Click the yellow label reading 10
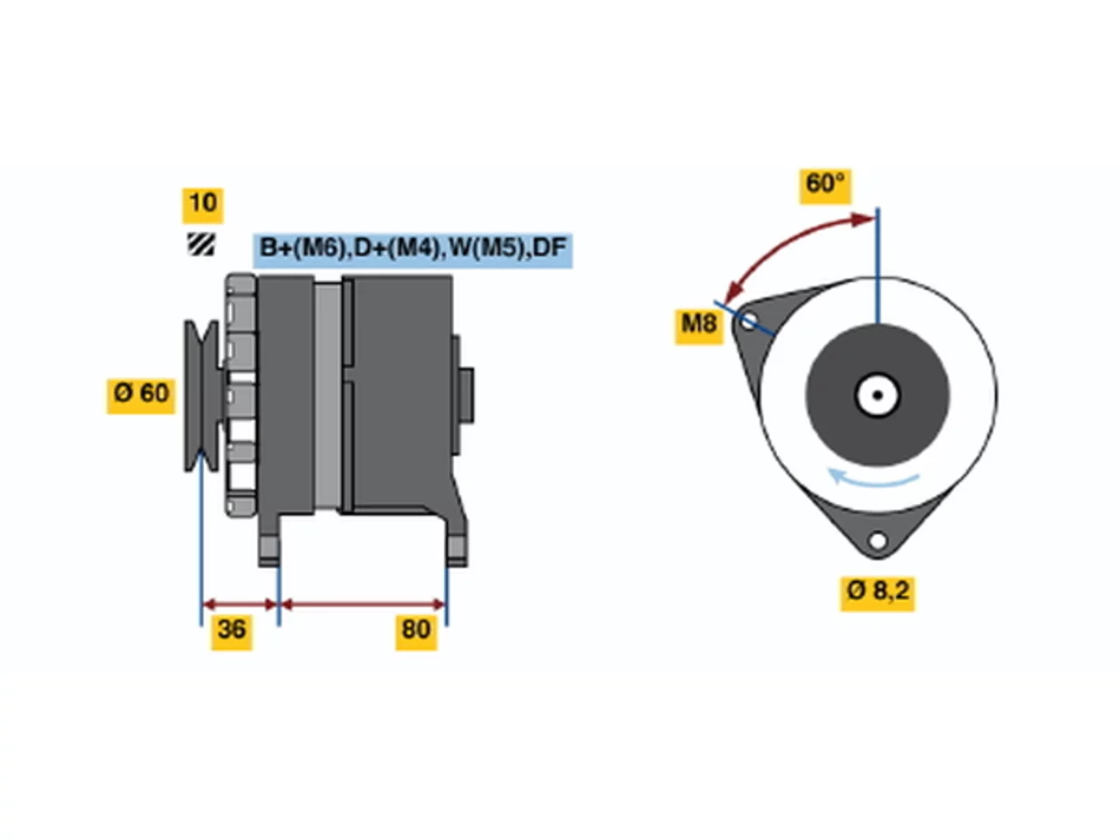coord(203,205)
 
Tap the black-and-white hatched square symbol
coord(201,244)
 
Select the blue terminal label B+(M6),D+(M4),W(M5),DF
coord(412,250)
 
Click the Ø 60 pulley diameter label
coord(141,395)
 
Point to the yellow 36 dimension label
coord(232,632)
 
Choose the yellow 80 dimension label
coord(416,632)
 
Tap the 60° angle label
coord(825,186)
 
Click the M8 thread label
coord(699,325)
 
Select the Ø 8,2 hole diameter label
coord(878,593)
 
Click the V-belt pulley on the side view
coord(202,395)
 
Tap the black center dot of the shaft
coord(878,395)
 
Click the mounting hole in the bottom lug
coord(878,541)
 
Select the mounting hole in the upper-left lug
coord(748,321)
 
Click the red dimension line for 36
coord(240,605)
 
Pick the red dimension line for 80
coord(363,605)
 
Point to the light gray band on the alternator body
coord(327,395)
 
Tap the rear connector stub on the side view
coord(466,395)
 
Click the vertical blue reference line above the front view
coord(878,265)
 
